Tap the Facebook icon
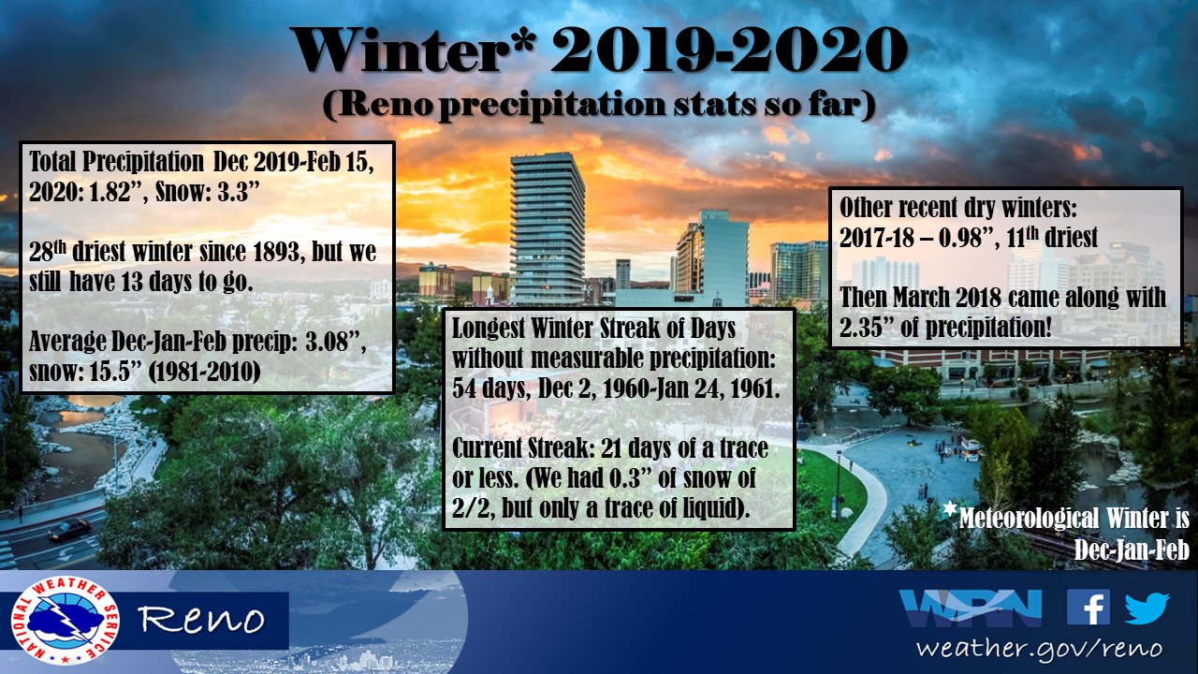click(x=1088, y=608)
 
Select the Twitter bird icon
click(x=1147, y=608)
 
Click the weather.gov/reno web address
click(x=1039, y=649)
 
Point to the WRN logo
click(x=971, y=608)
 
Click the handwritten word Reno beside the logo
click(x=201, y=619)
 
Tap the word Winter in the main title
click(x=406, y=50)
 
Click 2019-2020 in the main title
click(x=728, y=50)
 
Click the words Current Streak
click(x=519, y=448)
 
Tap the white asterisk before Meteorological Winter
click(x=950, y=508)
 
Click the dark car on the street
click(x=69, y=530)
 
